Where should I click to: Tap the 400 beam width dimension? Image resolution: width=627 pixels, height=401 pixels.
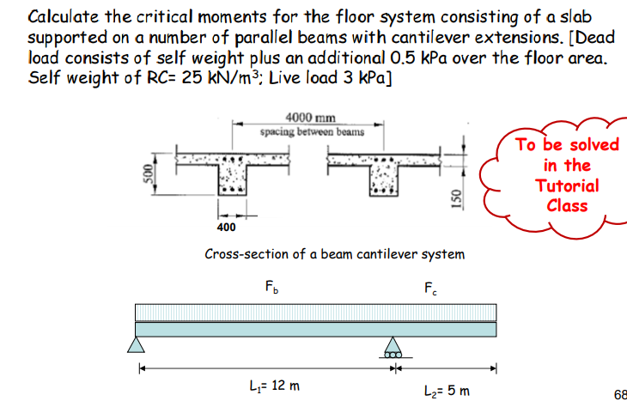226,228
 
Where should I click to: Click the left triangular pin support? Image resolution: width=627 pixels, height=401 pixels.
137,345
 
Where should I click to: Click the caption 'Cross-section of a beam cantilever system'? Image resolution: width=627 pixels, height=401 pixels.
334,254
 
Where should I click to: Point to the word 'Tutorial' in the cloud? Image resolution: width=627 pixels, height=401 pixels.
567,185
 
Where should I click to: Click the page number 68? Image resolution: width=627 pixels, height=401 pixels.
619,394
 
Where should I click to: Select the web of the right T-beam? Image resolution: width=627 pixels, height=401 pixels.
380,184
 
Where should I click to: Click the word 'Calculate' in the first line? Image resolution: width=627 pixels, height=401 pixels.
65,17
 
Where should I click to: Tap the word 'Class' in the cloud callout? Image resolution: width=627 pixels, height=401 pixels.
567,205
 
